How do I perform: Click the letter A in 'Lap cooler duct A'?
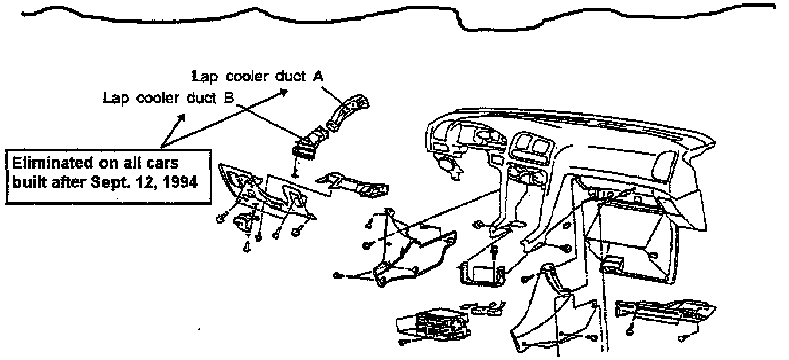[x=316, y=77]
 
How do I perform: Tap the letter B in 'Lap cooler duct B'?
[x=227, y=98]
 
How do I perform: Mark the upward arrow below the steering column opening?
[x=494, y=253]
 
